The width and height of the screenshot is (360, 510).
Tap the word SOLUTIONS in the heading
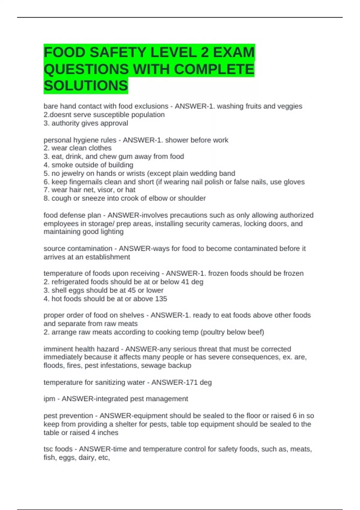(x=86, y=85)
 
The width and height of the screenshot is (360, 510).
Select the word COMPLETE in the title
(x=214, y=69)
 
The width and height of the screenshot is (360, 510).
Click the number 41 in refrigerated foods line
(x=185, y=282)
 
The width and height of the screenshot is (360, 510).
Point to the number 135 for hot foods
(x=161, y=299)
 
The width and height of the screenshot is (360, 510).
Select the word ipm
(x=49, y=399)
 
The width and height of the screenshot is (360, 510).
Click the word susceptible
(x=116, y=115)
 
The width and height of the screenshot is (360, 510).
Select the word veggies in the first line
(x=290, y=106)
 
